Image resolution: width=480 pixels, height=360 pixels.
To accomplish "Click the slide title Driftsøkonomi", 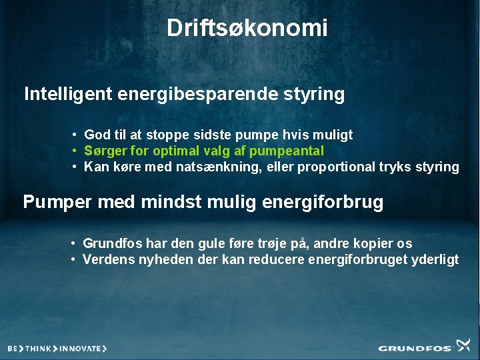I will pos(247,28).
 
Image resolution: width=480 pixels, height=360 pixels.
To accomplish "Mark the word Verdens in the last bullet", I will pos(105,259).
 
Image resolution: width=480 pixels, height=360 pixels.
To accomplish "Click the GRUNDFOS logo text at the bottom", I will pos(415,348).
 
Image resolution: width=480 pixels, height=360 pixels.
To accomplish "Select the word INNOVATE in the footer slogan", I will pos(81,348).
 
